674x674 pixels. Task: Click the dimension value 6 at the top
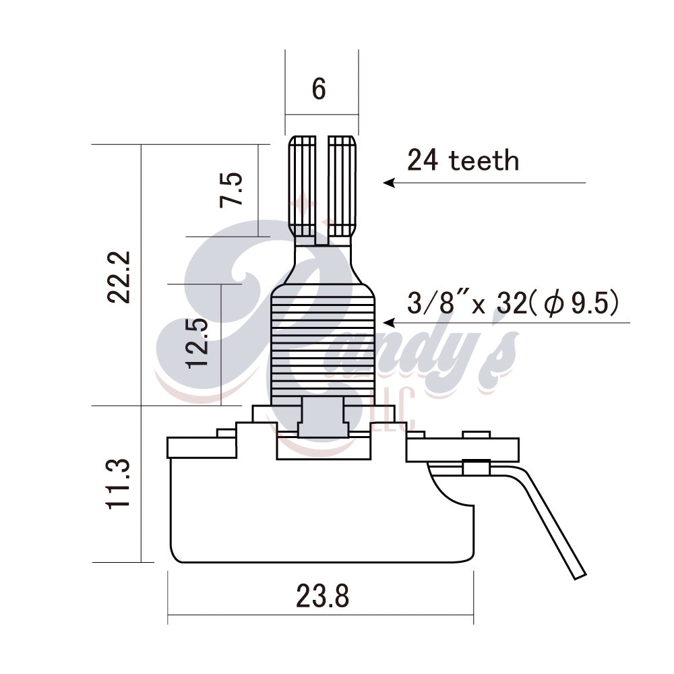[319, 90]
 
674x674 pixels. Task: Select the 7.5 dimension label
[230, 191]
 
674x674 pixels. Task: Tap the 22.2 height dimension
[122, 278]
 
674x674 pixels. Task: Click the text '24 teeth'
[463, 160]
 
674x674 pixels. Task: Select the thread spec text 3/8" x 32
[466, 304]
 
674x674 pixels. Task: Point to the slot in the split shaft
[321, 189]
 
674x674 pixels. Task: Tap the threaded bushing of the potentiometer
[321, 344]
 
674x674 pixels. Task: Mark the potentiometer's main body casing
[317, 512]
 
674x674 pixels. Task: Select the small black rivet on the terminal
[476, 465]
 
